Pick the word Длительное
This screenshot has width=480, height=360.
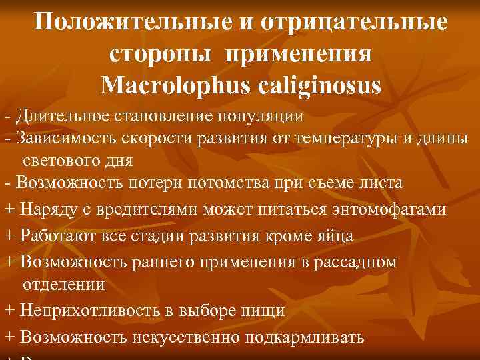click(x=56, y=116)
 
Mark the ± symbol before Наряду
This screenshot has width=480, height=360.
click(x=9, y=208)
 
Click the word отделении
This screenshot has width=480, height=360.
click(x=64, y=285)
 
